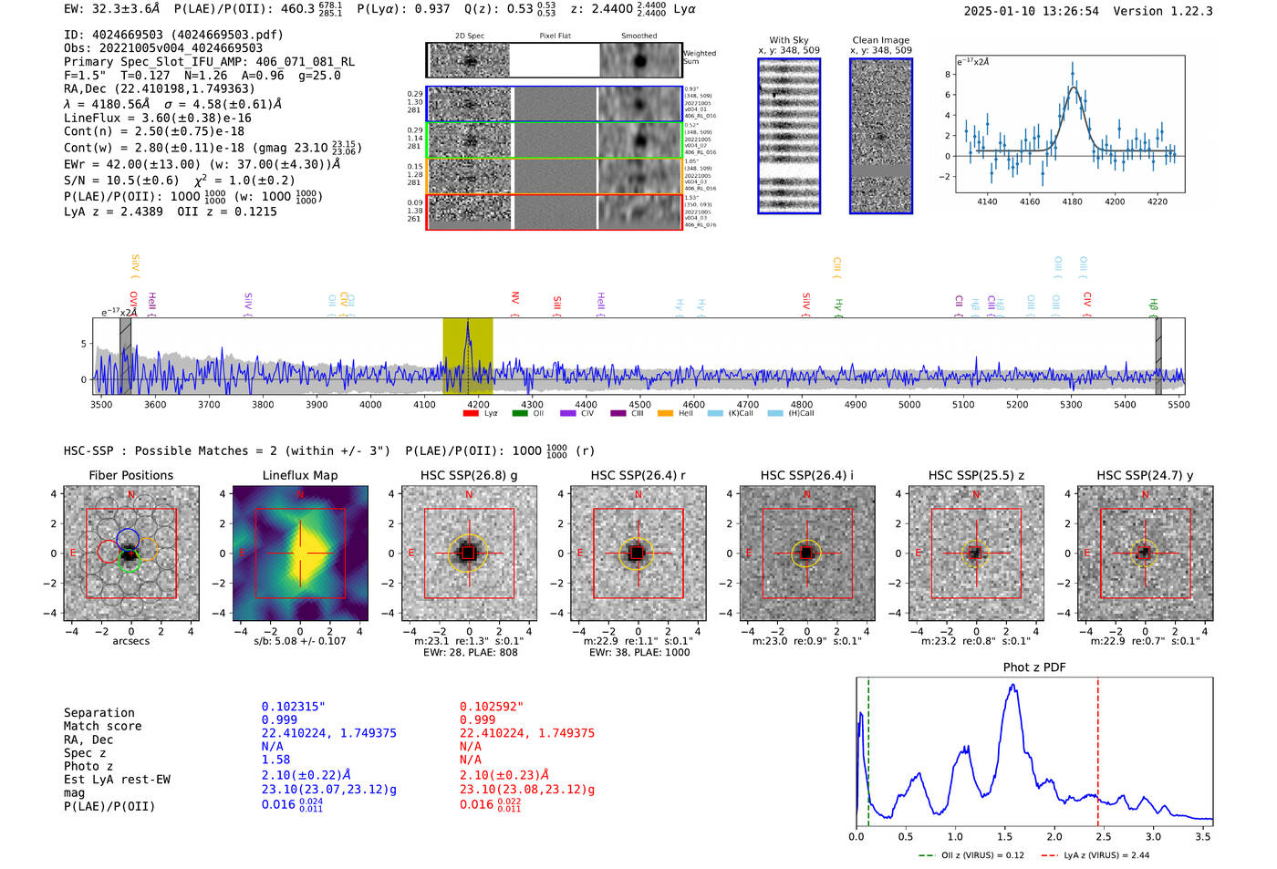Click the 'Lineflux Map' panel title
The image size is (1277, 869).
tap(299, 475)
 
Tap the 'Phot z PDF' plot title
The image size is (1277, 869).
tap(1034, 667)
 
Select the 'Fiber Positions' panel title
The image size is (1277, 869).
tap(130, 475)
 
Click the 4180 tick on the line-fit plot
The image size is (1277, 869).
tap(1072, 202)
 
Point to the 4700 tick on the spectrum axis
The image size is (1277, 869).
tap(747, 404)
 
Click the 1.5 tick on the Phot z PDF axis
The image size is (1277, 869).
tap(1004, 836)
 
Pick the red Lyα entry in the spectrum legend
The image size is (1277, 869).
tap(481, 413)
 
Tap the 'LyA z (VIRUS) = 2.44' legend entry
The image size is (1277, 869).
tap(1095, 855)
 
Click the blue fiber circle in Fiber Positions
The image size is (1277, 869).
tap(128, 537)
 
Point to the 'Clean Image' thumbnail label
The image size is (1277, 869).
tap(880, 40)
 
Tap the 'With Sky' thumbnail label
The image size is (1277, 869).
tap(788, 40)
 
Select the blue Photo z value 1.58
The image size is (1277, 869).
tap(275, 760)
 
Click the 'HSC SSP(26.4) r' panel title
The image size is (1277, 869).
tap(638, 475)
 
